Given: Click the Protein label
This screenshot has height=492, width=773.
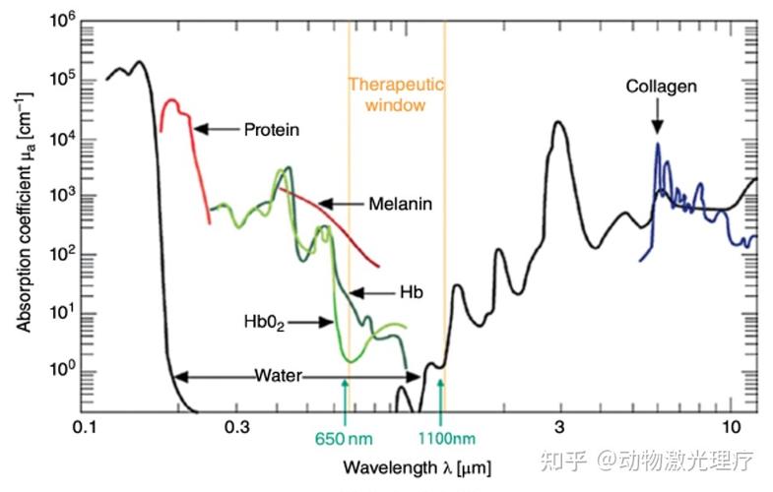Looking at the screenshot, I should click(x=271, y=129).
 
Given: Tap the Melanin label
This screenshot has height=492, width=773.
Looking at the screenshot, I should click(x=401, y=205).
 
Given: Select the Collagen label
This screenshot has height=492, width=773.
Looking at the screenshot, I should click(x=661, y=87).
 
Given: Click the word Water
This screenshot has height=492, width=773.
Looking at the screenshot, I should click(x=279, y=376).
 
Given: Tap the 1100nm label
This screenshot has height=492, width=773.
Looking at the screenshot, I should click(x=449, y=437).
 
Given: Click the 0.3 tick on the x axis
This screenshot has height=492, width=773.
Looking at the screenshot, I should click(x=236, y=429).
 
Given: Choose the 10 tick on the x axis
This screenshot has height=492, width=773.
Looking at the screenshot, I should click(x=730, y=429).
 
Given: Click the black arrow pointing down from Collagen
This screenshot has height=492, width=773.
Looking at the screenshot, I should click(x=657, y=118).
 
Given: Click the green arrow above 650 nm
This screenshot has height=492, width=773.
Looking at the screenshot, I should click(x=345, y=399).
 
